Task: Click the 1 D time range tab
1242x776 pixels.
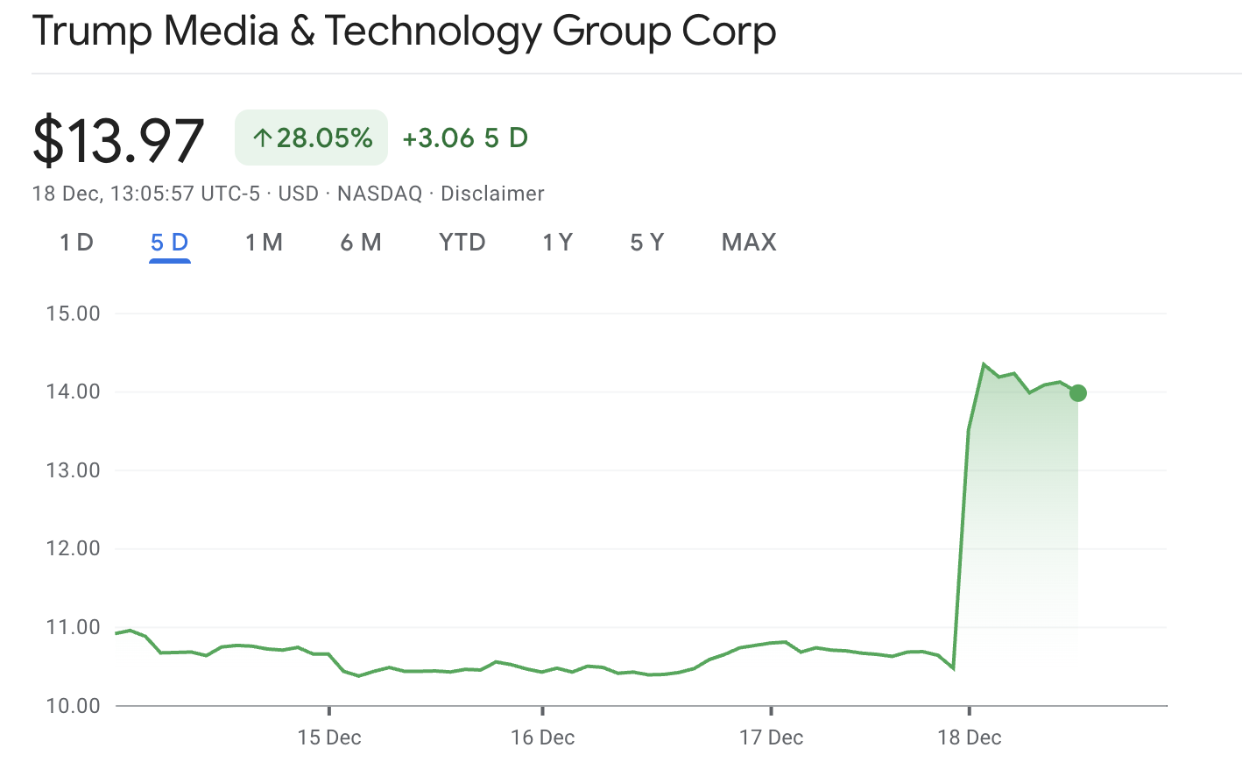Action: pos(76,243)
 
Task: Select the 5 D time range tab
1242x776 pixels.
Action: pos(170,243)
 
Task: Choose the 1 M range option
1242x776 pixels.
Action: pos(264,243)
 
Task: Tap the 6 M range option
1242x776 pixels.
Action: pos(361,243)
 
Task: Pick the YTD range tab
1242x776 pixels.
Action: pos(462,243)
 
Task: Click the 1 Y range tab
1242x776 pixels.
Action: pos(558,243)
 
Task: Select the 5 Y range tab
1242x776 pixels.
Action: pos(647,243)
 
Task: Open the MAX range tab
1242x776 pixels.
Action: pos(749,243)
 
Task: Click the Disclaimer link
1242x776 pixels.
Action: pos(492,194)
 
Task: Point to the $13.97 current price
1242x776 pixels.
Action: pos(118,140)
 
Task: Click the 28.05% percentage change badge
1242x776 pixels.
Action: pos(312,138)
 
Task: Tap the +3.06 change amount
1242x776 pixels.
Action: pos(438,138)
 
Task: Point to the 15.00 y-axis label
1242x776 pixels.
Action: pos(74,314)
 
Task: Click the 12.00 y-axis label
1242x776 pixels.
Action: pos(74,548)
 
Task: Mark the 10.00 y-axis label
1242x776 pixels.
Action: pos(74,706)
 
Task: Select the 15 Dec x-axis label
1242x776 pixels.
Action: pos(329,737)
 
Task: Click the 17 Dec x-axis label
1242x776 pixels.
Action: pos(771,737)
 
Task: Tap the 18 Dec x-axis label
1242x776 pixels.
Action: pos(969,737)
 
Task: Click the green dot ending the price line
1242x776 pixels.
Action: pos(1078,393)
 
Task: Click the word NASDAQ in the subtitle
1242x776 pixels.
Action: pos(379,194)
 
